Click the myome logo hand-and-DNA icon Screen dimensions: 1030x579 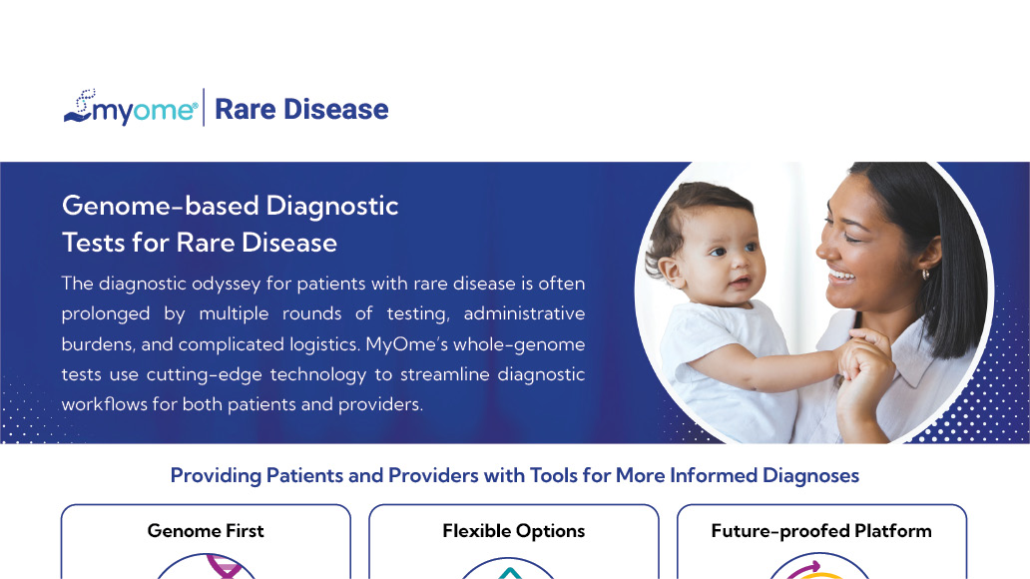(79, 107)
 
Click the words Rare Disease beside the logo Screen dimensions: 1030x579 (301, 109)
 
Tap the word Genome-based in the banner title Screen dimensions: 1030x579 (161, 206)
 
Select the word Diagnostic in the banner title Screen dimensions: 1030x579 (332, 207)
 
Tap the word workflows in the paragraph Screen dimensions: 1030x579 (105, 404)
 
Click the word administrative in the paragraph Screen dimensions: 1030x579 (524, 313)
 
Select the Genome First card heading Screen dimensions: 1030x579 (206, 531)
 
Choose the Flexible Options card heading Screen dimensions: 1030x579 (514, 531)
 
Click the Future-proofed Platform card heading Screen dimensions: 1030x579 (821, 531)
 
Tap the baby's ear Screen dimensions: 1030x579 (670, 271)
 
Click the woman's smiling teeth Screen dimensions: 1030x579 (840, 275)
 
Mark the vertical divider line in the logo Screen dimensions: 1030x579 (204, 107)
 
